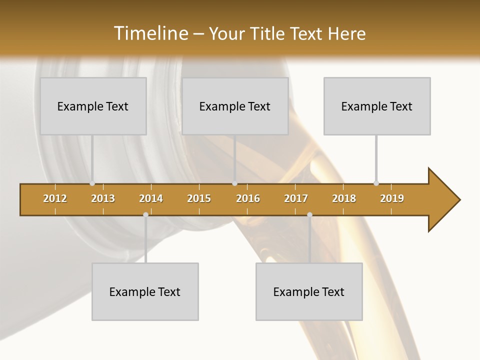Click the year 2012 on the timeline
(55, 198)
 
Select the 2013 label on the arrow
(103, 198)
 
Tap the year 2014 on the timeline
(151, 198)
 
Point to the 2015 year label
(199, 198)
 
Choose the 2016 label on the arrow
(248, 198)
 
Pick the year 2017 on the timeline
(296, 198)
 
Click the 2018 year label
(344, 198)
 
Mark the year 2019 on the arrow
(392, 198)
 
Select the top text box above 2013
(93, 106)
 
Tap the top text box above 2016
(235, 106)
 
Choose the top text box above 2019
(377, 106)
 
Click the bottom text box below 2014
(145, 291)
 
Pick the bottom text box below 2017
(309, 291)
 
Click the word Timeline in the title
(150, 33)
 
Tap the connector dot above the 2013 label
(92, 183)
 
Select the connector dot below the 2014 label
(145, 214)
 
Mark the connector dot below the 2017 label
(309, 214)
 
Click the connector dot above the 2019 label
(376, 183)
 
